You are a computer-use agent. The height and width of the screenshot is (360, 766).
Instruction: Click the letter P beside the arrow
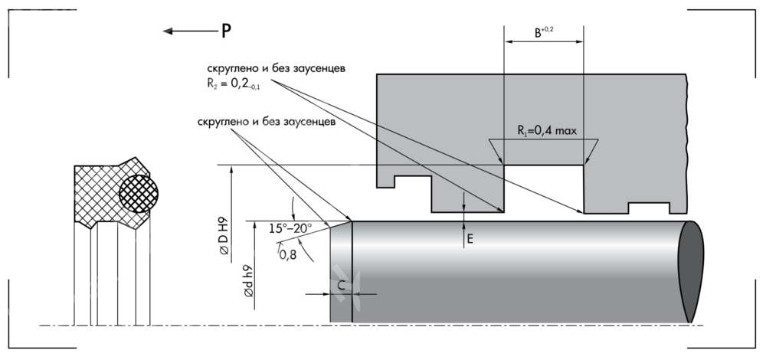tap(226, 31)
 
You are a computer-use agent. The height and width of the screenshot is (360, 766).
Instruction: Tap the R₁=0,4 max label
tap(545, 130)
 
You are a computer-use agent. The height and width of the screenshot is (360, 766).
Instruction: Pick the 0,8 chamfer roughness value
tap(288, 254)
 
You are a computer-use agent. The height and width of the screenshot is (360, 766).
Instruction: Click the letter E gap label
tap(470, 239)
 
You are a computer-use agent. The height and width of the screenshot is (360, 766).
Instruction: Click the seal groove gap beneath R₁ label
tap(544, 188)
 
